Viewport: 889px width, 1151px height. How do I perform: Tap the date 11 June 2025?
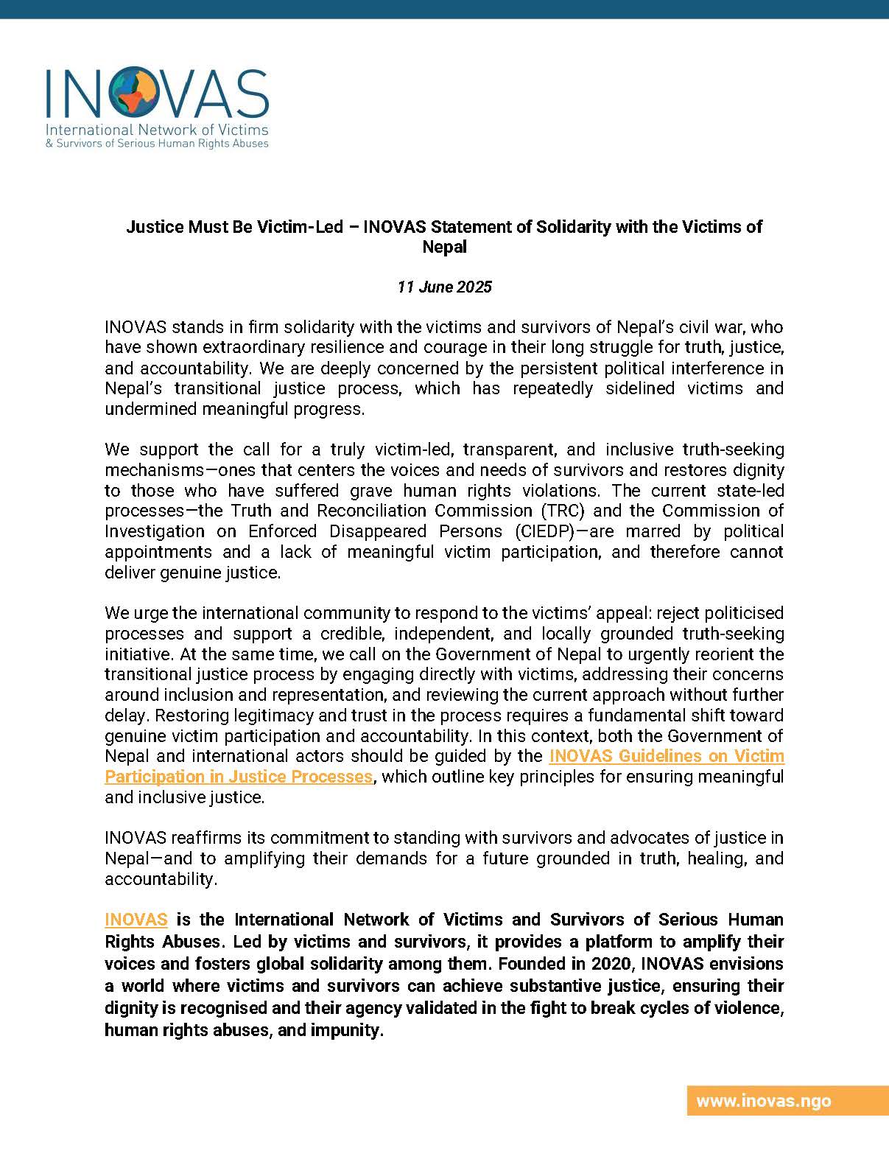(x=444, y=287)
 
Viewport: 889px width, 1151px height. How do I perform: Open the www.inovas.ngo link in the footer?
(x=763, y=1101)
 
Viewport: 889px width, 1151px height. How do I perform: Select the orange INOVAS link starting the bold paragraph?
(x=136, y=920)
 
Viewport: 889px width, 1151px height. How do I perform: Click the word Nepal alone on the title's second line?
(x=444, y=247)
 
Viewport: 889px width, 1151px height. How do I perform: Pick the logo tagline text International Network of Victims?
(x=157, y=130)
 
